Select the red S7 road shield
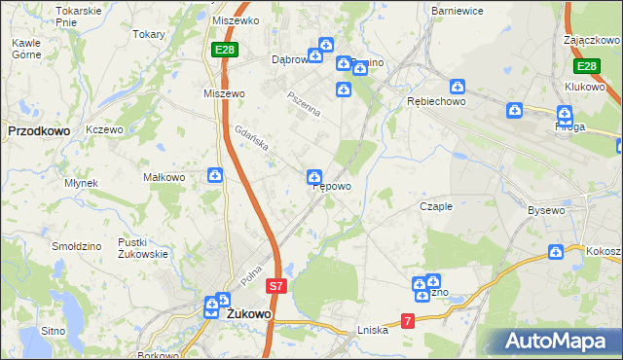pos(276,286)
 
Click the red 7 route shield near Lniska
pos(408,320)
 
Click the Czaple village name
pos(435,206)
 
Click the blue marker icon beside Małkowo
pos(215,176)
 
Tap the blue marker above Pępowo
pos(314,177)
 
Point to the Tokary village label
pos(149,33)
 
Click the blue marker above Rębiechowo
pos(457,86)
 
